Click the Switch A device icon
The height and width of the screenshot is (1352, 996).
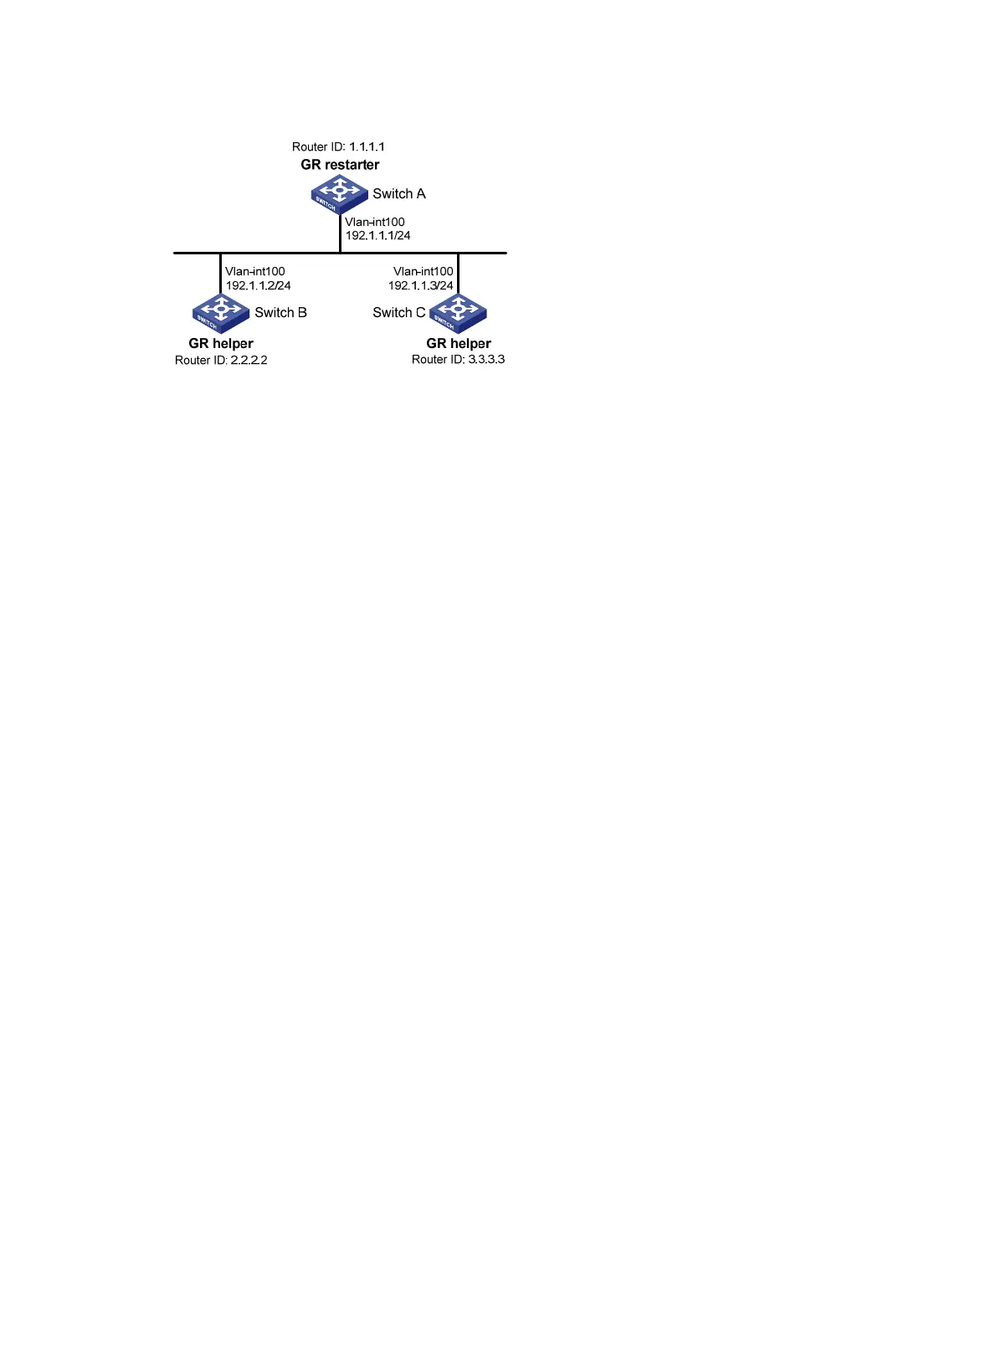pyautogui.click(x=339, y=194)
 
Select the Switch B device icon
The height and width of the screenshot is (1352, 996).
pyautogui.click(x=221, y=313)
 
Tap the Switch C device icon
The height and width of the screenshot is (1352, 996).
pyautogui.click(x=458, y=313)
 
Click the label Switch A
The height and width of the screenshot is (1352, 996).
pyautogui.click(x=399, y=194)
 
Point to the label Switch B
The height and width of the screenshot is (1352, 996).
pyautogui.click(x=280, y=313)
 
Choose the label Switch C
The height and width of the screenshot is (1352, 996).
pyautogui.click(x=399, y=313)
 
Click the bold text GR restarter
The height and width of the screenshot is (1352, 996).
pyautogui.click(x=340, y=165)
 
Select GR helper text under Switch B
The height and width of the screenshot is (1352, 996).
pyautogui.click(x=221, y=343)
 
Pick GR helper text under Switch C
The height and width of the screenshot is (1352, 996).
pyautogui.click(x=459, y=343)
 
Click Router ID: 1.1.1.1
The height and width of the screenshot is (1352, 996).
pyautogui.click(x=338, y=146)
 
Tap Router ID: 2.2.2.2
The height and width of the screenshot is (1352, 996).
pyautogui.click(x=221, y=361)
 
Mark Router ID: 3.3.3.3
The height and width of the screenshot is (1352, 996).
pyautogui.click(x=458, y=360)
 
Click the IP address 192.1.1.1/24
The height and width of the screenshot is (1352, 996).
pyautogui.click(x=377, y=236)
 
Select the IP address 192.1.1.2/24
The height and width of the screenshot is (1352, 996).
pyautogui.click(x=259, y=285)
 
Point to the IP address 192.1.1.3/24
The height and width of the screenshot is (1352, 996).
pyautogui.click(x=421, y=285)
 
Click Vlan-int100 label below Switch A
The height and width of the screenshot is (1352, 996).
pyautogui.click(x=375, y=222)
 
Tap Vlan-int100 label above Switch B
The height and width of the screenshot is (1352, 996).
pyautogui.click(x=254, y=272)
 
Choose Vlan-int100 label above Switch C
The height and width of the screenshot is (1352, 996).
pyautogui.click(x=424, y=272)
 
